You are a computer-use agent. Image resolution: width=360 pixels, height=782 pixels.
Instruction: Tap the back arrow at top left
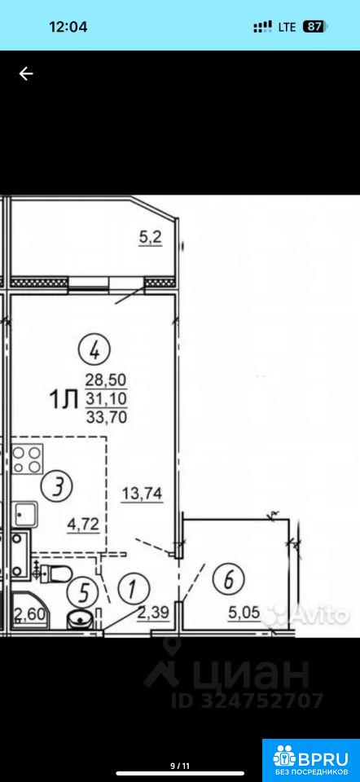[x=26, y=74]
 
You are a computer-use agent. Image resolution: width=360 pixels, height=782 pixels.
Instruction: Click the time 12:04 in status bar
[x=68, y=26]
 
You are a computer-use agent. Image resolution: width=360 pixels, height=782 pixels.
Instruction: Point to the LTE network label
[x=287, y=27]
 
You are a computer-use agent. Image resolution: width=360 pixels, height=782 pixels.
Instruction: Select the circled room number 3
[x=57, y=485]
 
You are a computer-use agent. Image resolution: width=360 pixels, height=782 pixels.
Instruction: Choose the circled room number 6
[x=228, y=579]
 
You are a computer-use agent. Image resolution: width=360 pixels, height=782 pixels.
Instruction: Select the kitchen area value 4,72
[x=84, y=524]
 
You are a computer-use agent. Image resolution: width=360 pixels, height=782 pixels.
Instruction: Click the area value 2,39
[x=154, y=612]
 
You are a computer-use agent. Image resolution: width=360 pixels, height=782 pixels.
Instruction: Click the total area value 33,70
[x=106, y=416]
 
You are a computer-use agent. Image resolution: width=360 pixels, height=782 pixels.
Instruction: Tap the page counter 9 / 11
[x=180, y=765]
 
